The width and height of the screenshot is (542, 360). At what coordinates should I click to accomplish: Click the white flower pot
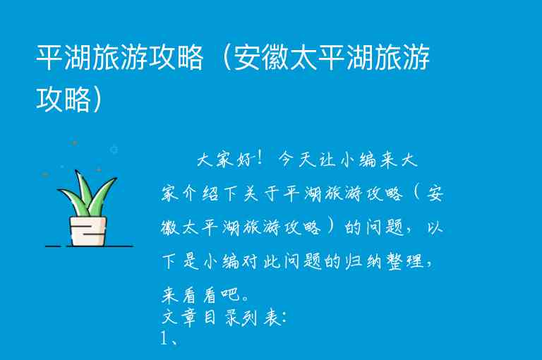pos(88,230)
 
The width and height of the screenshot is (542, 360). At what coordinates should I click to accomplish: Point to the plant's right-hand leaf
pos(102,197)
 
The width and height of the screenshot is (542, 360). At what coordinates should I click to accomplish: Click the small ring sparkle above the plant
pos(114,150)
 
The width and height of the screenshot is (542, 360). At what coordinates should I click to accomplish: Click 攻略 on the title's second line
pos(64,99)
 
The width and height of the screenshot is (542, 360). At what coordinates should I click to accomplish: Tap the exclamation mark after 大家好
pos(263,160)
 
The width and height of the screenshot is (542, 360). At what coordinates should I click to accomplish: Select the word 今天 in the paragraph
pos(296,160)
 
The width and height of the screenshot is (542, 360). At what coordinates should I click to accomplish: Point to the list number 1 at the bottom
pos(164,338)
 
